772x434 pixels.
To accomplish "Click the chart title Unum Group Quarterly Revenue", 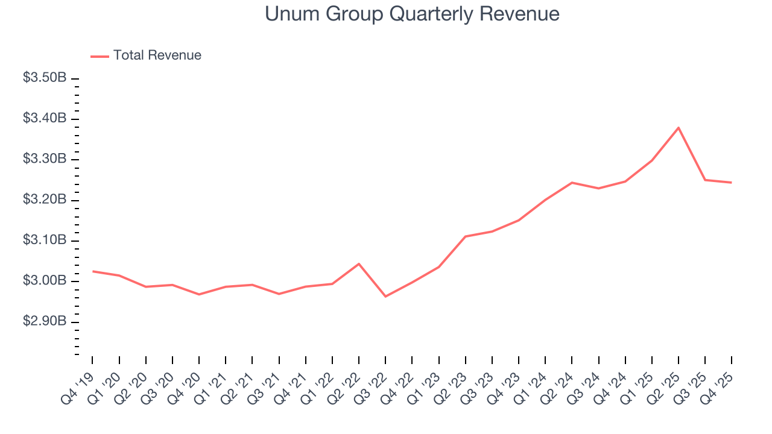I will click(412, 14).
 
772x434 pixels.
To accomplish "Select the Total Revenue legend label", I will click(157, 55).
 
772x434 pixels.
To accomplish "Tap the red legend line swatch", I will click(100, 56).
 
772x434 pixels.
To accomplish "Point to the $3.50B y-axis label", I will click(45, 78).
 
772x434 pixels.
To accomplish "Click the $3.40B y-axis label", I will click(45, 119).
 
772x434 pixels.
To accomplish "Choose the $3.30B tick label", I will click(45, 159).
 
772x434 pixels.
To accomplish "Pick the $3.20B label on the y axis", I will click(45, 200).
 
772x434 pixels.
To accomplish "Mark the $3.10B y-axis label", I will click(45, 241).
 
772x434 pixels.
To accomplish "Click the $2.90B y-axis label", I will click(45, 322).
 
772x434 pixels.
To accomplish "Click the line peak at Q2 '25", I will click(679, 128).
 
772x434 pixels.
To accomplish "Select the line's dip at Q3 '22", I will click(385, 297).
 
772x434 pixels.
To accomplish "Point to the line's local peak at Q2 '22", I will click(359, 264).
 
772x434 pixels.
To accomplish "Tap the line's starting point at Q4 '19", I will click(92, 271).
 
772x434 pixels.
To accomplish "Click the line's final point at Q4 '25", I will click(732, 183).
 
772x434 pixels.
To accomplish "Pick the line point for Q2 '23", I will click(466, 236).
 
